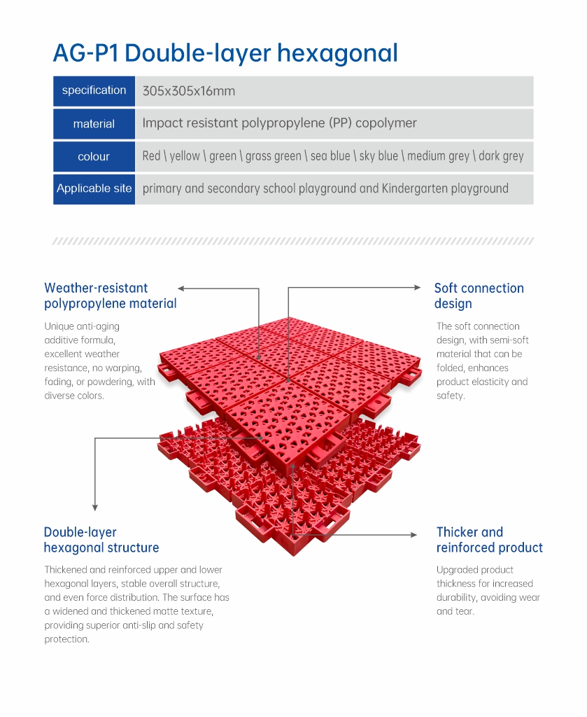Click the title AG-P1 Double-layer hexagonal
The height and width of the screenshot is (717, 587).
pos(226,53)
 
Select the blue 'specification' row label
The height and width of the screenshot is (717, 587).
pos(94,91)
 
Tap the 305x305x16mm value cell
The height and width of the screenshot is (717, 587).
pos(189,91)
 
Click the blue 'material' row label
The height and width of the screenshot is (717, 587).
pos(94,124)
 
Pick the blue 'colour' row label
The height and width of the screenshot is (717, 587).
pos(94,156)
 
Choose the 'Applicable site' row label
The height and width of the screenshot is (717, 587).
pos(94,188)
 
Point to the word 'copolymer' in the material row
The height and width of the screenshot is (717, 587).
pos(386,123)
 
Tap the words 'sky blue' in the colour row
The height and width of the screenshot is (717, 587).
pos(379,156)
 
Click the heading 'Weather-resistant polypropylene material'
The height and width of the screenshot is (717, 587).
pos(110,296)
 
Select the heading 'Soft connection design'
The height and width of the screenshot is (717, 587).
pos(479,296)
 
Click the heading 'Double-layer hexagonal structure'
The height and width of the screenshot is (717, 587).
pos(101,540)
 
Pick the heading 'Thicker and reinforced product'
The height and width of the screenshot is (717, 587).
pos(489,540)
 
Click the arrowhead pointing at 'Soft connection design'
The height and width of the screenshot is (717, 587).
pos(418,288)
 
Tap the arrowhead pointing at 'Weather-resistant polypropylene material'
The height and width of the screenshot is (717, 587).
pos(181,288)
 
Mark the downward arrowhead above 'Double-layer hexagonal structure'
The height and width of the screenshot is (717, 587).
pos(95,508)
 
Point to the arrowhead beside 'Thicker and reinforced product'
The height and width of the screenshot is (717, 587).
pos(414,534)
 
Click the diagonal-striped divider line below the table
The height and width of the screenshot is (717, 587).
pos(293,241)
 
